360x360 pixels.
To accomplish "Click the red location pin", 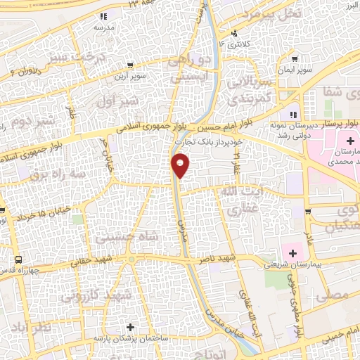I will (x=181, y=165).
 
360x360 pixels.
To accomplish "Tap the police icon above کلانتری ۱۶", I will (x=234, y=33).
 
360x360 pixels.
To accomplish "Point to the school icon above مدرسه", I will (x=103, y=15).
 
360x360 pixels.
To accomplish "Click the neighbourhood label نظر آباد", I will (x=32, y=328).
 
